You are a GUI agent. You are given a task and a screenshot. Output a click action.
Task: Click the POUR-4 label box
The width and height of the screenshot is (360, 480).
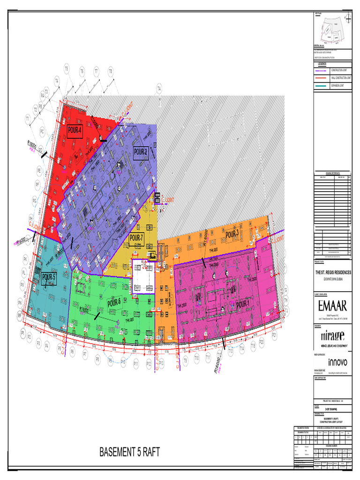click(x=75, y=131)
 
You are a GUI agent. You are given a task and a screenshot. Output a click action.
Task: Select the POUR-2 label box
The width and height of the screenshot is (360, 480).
click(x=141, y=152)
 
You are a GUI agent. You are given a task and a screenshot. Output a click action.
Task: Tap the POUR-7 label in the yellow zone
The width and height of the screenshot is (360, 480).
click(x=136, y=238)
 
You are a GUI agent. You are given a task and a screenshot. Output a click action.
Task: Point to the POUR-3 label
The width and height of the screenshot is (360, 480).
click(x=232, y=234)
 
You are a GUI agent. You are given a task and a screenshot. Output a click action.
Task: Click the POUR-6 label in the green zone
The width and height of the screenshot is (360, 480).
click(x=114, y=303)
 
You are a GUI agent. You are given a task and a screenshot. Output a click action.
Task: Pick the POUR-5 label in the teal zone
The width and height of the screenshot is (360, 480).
click(x=49, y=277)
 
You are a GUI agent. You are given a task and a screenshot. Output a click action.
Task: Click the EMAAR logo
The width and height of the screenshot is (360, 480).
click(x=332, y=306)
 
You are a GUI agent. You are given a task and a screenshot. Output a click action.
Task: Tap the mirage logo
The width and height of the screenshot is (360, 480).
click(x=332, y=336)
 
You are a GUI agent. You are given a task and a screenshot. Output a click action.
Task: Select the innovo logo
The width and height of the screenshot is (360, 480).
click(x=337, y=362)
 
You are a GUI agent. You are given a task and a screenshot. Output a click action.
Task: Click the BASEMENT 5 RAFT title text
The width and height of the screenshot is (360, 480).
click(x=130, y=452)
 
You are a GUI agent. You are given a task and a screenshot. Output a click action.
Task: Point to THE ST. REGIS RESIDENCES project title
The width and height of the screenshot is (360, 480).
click(x=333, y=272)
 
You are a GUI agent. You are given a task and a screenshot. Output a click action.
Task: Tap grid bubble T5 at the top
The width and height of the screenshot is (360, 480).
click(x=67, y=69)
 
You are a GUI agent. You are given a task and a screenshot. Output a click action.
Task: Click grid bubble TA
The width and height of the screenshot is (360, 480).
click(x=159, y=88)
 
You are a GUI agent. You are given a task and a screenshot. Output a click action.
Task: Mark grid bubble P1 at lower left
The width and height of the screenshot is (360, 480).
click(x=22, y=332)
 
